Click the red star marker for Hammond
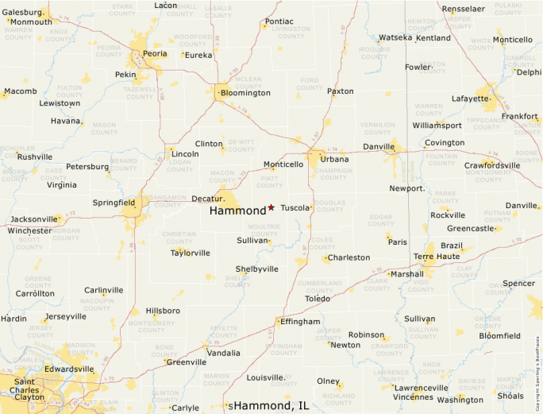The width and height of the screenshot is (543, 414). pyautogui.click(x=271, y=207)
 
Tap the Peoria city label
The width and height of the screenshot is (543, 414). pyautogui.click(x=155, y=53)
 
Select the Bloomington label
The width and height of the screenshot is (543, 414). pyautogui.click(x=245, y=93)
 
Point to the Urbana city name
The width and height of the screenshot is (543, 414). pyautogui.click(x=334, y=160)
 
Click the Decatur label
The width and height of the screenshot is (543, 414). pyautogui.click(x=209, y=199)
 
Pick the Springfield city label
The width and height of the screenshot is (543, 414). pyautogui.click(x=114, y=203)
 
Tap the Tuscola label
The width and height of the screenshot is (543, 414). pyautogui.click(x=295, y=207)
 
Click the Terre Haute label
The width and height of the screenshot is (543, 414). pyautogui.click(x=436, y=257)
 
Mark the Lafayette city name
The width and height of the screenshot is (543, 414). pyautogui.click(x=471, y=99)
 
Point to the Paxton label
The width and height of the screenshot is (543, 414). pyautogui.click(x=341, y=91)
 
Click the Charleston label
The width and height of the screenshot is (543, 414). pyautogui.click(x=349, y=257)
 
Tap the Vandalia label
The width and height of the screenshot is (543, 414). pyautogui.click(x=223, y=352)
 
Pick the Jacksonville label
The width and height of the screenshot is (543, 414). pyautogui.click(x=34, y=219)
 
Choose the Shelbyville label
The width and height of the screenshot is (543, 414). pyautogui.click(x=256, y=269)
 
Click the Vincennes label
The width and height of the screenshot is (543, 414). pyautogui.click(x=413, y=397)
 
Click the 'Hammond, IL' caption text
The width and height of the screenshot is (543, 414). pyautogui.click(x=270, y=405)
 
